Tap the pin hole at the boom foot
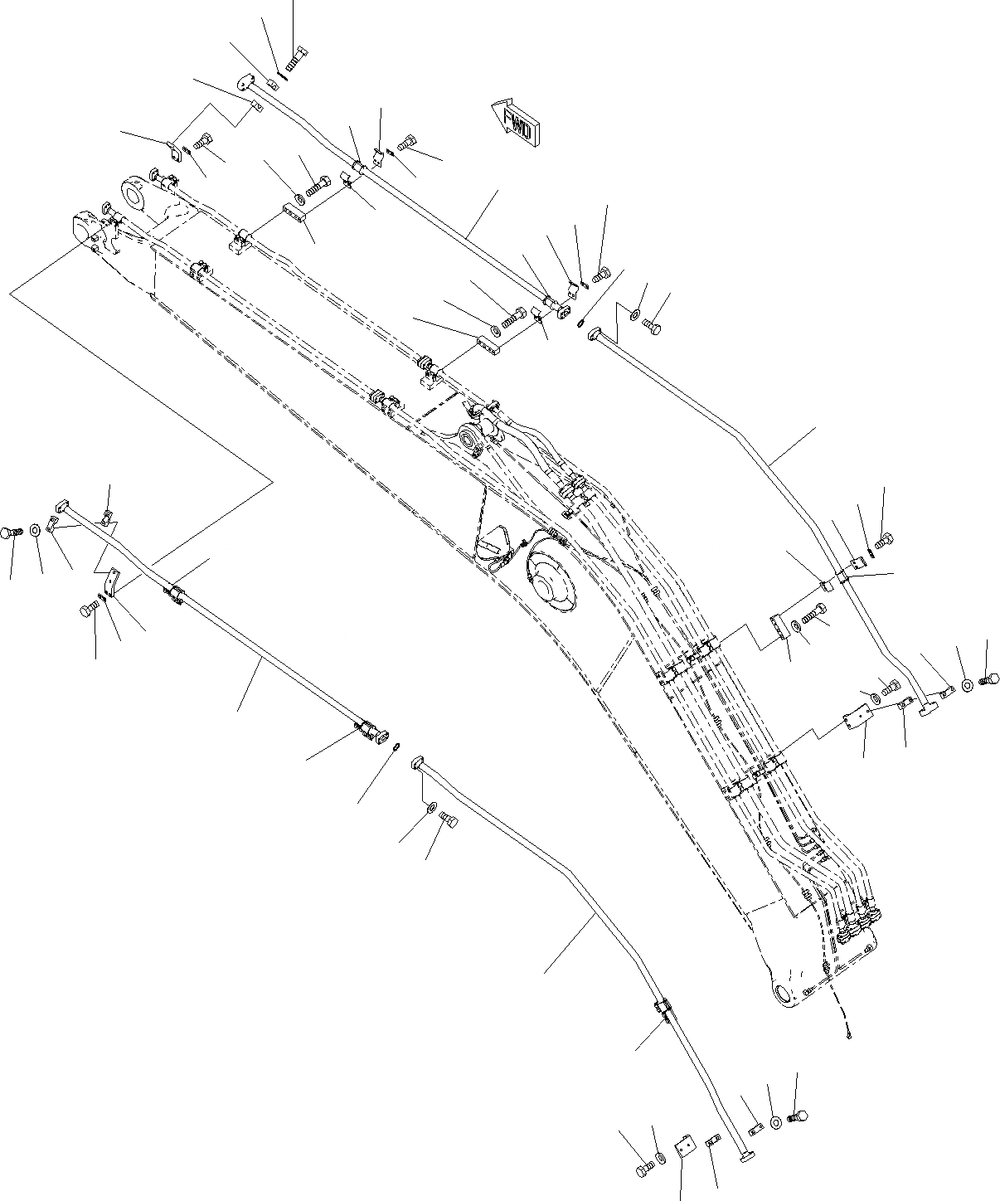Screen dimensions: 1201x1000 783,990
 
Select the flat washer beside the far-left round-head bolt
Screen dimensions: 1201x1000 36,530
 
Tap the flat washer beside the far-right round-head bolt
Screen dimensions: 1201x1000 966,685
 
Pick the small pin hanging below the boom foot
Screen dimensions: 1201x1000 852,1033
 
